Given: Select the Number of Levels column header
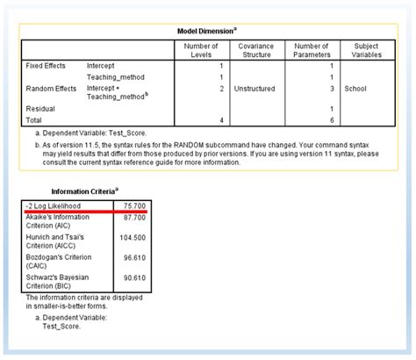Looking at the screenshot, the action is coord(202,50).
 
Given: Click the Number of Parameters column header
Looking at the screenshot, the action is coord(312,50).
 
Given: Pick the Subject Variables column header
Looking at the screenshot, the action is coord(365,50).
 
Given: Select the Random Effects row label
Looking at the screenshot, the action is coord(50,89).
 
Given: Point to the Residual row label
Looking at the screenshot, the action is coord(42,106).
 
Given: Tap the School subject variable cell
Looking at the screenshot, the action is coord(355,89).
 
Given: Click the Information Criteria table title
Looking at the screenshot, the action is coord(85,191).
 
